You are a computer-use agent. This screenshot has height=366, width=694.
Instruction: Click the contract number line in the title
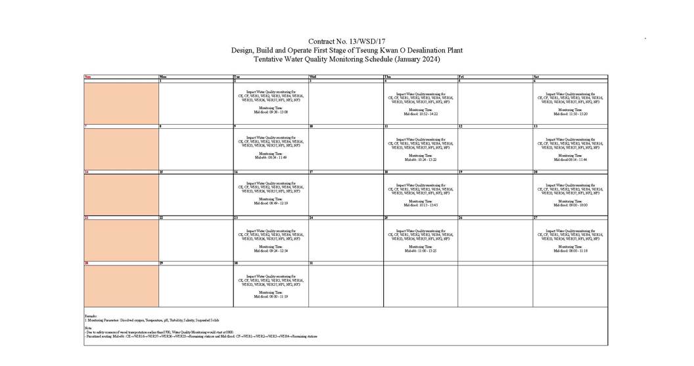(x=346, y=42)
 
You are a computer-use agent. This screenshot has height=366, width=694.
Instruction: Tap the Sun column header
(x=87, y=77)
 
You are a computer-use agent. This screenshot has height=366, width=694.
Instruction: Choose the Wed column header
(x=313, y=77)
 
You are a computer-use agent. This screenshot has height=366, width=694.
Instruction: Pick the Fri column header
(x=462, y=77)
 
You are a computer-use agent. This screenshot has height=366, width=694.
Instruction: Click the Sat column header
(x=537, y=77)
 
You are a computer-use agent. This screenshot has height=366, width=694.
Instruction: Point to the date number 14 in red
(x=87, y=172)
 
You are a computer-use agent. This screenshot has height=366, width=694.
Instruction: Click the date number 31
(x=312, y=263)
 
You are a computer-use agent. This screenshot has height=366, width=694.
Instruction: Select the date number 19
(x=461, y=172)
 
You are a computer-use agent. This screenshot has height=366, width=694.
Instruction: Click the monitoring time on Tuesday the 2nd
(x=271, y=112)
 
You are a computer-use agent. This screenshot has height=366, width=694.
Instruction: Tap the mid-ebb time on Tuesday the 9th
(x=271, y=158)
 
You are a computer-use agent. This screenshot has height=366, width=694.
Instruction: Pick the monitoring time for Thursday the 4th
(x=421, y=114)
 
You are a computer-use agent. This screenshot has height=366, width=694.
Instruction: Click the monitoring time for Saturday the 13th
(x=570, y=160)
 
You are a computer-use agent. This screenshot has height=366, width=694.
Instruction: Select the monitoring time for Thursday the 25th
(x=421, y=250)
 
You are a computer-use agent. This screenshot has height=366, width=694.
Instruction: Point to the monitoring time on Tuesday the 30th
(x=271, y=296)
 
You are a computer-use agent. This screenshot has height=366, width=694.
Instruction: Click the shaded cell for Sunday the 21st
(x=121, y=240)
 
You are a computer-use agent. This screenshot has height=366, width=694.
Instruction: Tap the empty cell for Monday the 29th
(x=196, y=286)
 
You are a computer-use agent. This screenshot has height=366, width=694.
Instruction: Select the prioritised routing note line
(x=201, y=336)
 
